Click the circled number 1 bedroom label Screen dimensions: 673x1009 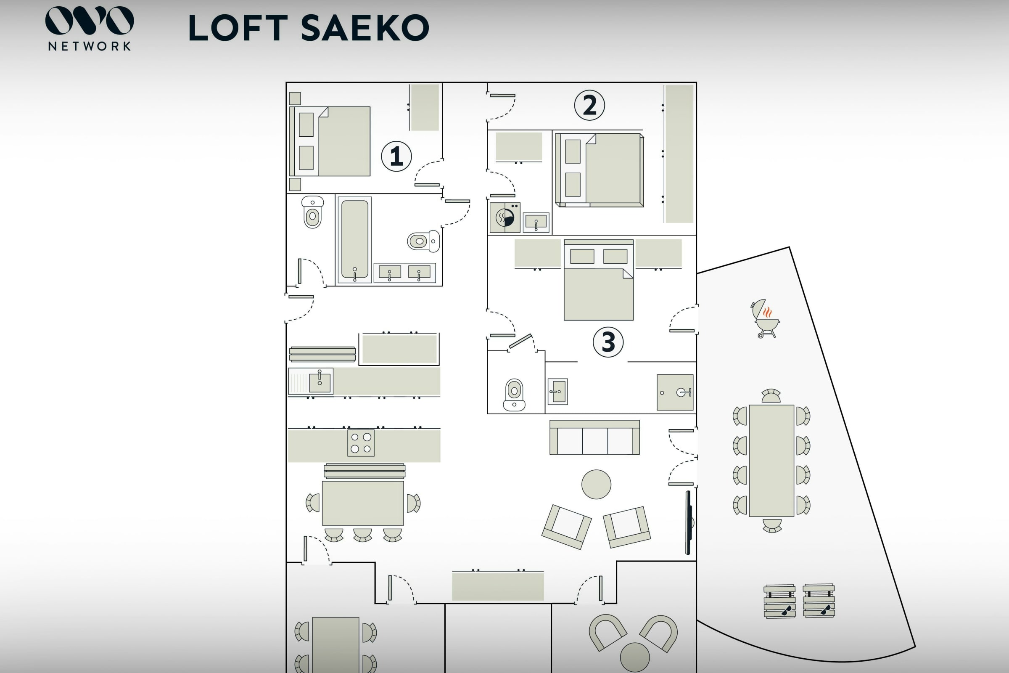396,156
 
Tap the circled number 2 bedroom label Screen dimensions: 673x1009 589,105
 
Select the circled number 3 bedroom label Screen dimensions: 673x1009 608,342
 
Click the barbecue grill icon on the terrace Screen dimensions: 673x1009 765,318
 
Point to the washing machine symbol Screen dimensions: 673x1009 505,217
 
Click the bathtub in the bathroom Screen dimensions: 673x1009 354,239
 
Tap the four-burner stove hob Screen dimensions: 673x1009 361,443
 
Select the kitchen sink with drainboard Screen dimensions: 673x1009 311,381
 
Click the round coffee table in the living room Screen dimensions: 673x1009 596,485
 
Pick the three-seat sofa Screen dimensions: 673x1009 594,438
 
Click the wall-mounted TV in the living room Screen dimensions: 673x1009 688,522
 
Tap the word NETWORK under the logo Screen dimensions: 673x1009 89,46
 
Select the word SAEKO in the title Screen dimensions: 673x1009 365,28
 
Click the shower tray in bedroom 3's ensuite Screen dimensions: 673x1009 675,392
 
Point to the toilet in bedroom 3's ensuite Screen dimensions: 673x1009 514,395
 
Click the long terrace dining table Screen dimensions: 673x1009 771,461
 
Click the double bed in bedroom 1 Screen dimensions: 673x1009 330,141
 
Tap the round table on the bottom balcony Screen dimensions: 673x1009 634,657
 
